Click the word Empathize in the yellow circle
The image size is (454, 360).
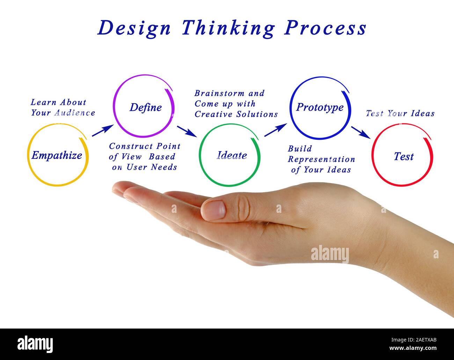(x=57, y=156)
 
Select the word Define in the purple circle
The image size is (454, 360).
(x=146, y=107)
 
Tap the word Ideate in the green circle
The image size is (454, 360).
(x=232, y=156)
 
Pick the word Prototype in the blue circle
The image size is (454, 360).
(x=320, y=107)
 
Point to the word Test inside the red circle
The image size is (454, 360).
(x=404, y=157)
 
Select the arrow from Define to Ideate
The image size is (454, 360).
(x=186, y=131)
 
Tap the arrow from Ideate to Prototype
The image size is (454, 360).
(x=276, y=130)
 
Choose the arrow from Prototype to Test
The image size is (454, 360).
(x=361, y=132)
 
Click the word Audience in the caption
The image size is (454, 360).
(x=75, y=113)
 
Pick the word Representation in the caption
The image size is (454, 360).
(x=321, y=159)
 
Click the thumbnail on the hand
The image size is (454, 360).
(x=214, y=210)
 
